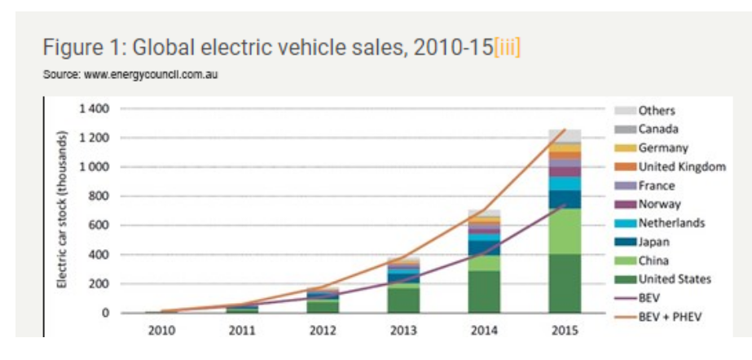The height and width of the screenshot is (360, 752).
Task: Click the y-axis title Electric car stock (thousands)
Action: [61, 210]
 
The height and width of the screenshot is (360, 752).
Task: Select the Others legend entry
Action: [657, 111]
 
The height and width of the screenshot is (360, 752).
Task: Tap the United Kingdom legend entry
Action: [681, 167]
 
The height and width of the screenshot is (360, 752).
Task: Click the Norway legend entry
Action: [659, 204]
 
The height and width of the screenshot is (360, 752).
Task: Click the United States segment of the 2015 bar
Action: [565, 283]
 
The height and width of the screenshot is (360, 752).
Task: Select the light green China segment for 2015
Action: [565, 231]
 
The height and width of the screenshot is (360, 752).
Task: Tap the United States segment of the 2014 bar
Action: [484, 292]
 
